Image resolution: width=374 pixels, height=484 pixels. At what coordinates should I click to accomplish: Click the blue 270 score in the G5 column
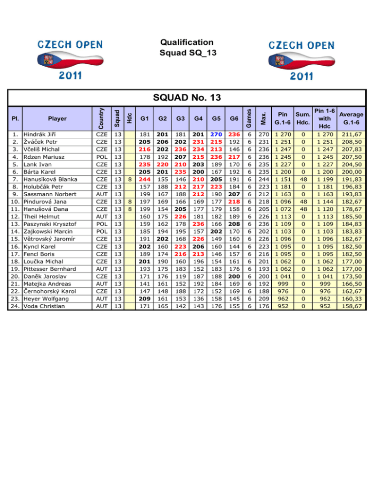[x=216, y=134]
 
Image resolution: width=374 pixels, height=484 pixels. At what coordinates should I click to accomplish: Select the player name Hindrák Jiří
[x=40, y=134]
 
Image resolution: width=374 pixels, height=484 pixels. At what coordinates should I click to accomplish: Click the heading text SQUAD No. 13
[x=187, y=98]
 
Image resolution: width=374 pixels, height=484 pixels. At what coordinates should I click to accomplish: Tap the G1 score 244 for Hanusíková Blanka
[x=144, y=179]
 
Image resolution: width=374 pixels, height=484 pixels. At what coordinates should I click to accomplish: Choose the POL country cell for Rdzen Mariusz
[x=99, y=157]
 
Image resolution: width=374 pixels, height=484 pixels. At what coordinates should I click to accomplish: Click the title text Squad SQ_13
[x=187, y=53]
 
